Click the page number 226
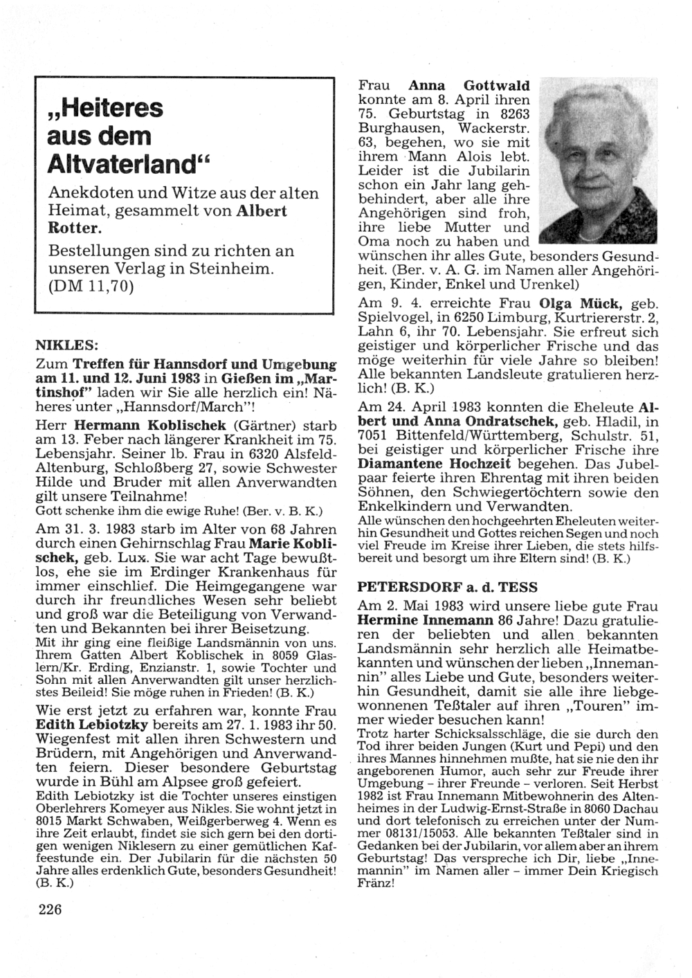51,909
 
